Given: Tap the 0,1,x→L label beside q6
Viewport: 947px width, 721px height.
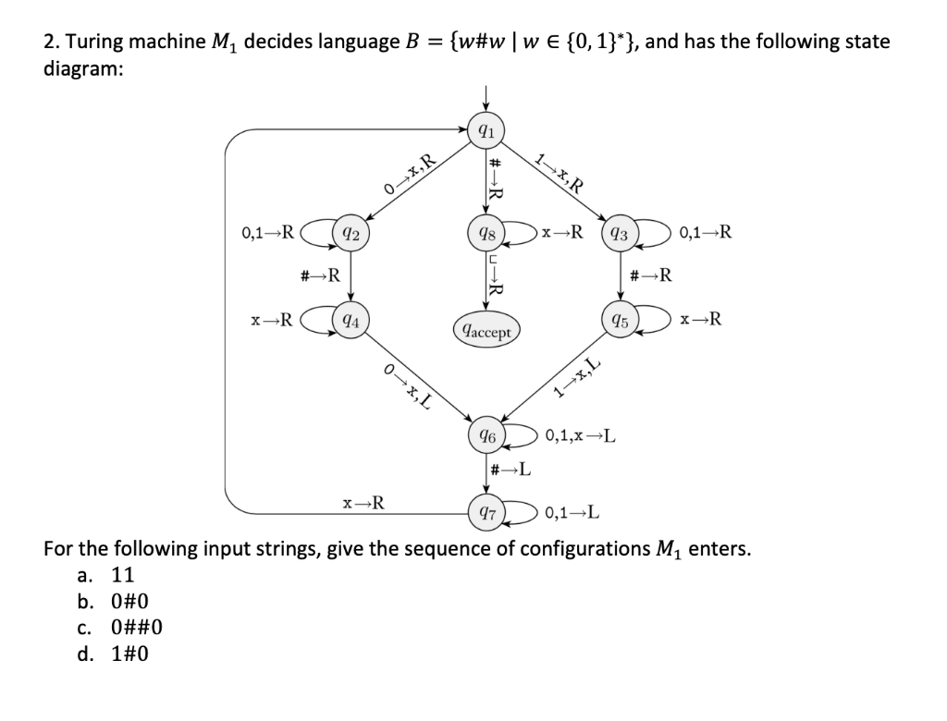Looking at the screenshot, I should [x=582, y=434].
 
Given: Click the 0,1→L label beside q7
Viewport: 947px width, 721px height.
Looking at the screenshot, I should [x=573, y=512].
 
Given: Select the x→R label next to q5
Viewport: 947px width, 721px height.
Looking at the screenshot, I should [x=701, y=322].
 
